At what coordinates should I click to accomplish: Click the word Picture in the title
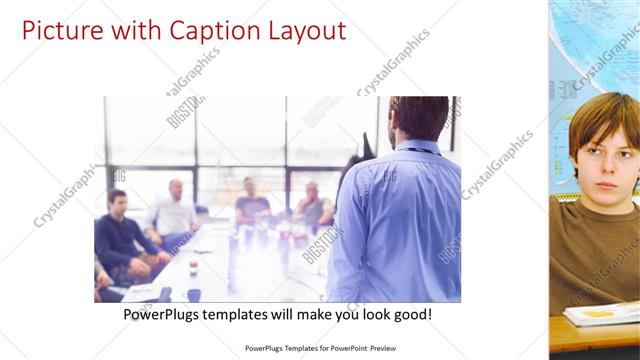[55, 30]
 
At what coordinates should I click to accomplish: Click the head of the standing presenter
[418, 117]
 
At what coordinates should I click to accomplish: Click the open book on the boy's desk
[600, 314]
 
